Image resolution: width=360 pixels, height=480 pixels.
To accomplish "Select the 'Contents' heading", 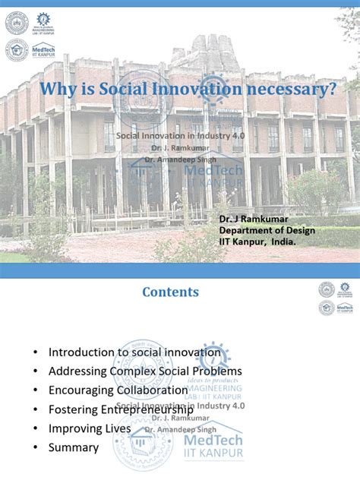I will [171, 292].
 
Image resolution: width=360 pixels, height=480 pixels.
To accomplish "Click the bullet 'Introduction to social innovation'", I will [134, 352].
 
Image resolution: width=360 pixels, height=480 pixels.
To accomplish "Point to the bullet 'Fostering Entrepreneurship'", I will [121, 409].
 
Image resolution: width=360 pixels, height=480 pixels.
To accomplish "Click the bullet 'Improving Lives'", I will [90, 428].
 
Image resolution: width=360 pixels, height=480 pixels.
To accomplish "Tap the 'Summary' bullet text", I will [74, 447].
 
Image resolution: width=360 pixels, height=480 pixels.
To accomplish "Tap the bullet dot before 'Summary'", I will [35, 448].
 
